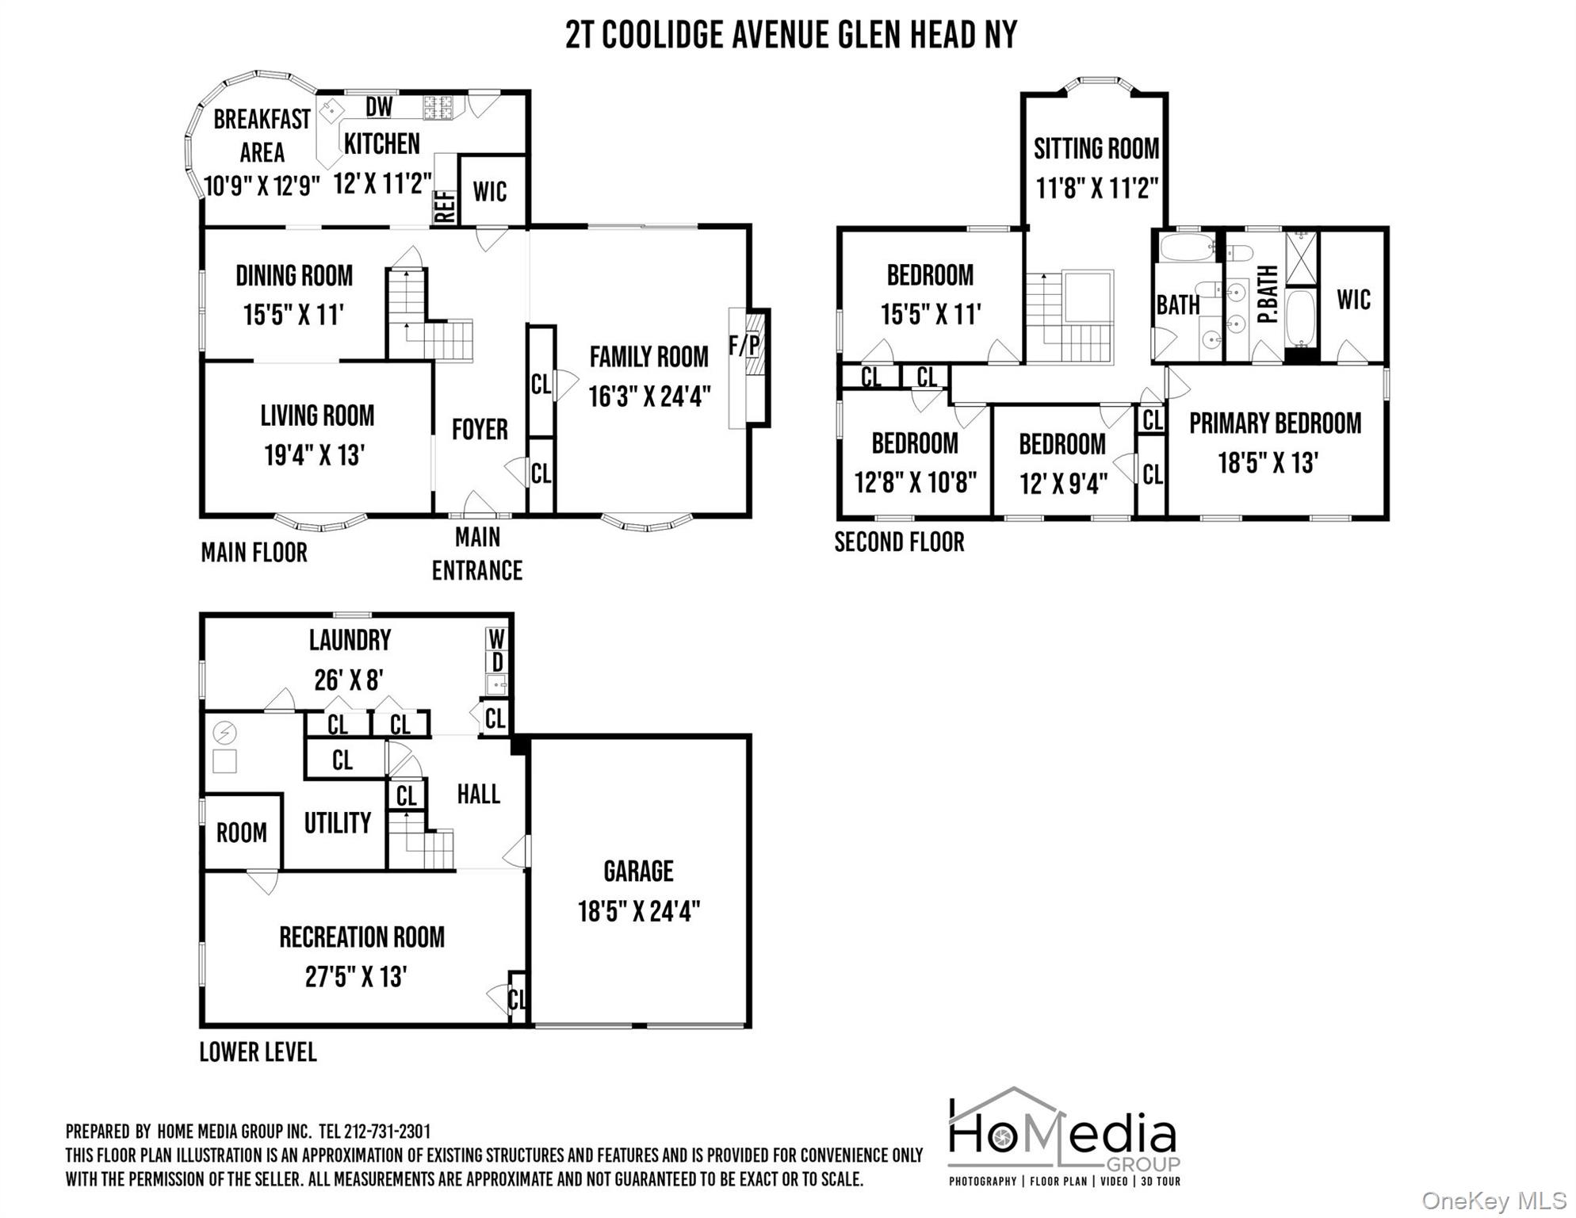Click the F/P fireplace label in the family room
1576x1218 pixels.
(x=744, y=346)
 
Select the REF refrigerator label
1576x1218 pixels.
(x=445, y=207)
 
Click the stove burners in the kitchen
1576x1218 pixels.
(x=437, y=107)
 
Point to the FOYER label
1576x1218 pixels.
(x=480, y=430)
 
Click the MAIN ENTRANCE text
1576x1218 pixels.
(x=477, y=554)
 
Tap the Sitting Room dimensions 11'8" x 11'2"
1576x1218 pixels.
(x=1096, y=188)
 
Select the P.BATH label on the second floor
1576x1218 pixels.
(x=1268, y=294)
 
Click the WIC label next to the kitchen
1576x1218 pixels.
(x=490, y=192)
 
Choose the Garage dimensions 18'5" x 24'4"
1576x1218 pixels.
(x=639, y=912)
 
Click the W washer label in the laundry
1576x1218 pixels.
(x=496, y=639)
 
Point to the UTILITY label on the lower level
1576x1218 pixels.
(x=338, y=823)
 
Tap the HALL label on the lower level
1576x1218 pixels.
(x=478, y=794)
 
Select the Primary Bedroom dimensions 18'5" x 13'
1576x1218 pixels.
(x=1268, y=463)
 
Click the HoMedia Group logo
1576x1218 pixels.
(x=1064, y=1136)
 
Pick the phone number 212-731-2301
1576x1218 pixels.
(x=387, y=1132)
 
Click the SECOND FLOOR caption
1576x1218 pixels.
(x=899, y=542)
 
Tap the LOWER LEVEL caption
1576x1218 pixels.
(x=258, y=1052)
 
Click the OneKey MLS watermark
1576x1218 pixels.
(x=1494, y=1201)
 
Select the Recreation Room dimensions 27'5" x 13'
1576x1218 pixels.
(x=356, y=977)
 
